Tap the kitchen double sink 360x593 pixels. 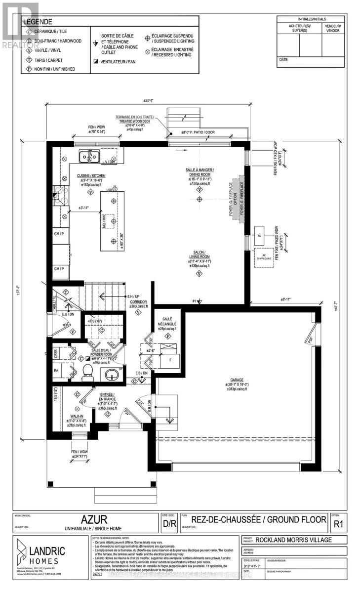[x=89, y=157]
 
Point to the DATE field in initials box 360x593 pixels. [x=283, y=60]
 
